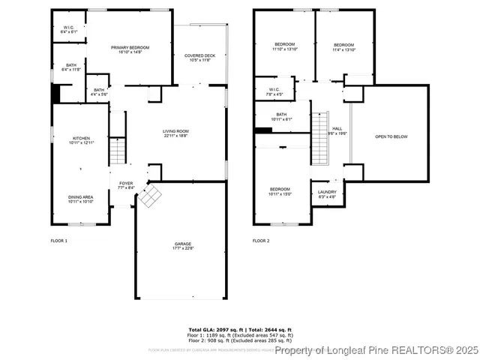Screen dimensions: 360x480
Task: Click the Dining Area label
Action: [81, 199]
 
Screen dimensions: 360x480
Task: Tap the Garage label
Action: [183, 244]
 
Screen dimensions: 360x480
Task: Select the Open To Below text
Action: [391, 136]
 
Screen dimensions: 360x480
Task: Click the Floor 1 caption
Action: [59, 241]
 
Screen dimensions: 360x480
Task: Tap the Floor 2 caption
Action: [260, 241]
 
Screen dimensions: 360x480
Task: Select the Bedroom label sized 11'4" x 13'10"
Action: [343, 46]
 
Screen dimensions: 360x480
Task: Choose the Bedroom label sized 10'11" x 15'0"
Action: [280, 191]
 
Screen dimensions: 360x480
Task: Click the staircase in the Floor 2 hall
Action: [320, 138]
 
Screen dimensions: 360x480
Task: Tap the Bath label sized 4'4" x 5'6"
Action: [99, 92]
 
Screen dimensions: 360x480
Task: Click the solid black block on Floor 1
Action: [55, 94]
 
